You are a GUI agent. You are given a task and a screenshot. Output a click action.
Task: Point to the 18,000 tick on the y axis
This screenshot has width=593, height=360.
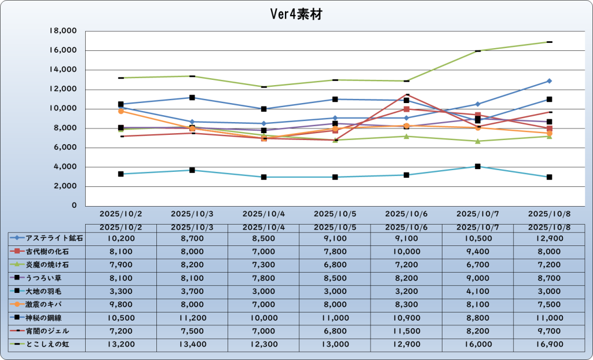click(x=64, y=31)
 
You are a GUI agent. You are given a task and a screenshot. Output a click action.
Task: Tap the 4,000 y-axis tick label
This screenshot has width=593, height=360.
click(x=67, y=167)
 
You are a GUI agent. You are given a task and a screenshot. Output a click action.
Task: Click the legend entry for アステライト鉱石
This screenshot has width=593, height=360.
click(x=47, y=238)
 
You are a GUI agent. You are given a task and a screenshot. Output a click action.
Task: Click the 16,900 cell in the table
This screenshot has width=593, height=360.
click(x=549, y=344)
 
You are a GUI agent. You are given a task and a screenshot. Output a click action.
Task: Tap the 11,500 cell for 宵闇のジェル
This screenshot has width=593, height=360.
click(x=406, y=331)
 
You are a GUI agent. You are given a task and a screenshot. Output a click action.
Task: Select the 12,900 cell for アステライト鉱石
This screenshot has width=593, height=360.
click(x=549, y=238)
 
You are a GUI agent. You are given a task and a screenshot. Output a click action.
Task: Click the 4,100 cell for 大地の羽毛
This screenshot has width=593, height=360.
click(x=477, y=291)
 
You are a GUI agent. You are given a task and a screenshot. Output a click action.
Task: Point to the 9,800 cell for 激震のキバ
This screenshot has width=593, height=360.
click(x=120, y=304)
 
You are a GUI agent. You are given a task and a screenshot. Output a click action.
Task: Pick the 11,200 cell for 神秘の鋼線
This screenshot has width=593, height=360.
click(x=192, y=318)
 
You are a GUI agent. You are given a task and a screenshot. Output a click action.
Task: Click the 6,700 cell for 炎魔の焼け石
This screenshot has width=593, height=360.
click(x=477, y=265)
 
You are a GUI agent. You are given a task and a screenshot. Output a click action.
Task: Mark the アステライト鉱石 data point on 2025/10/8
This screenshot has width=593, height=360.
click(x=549, y=81)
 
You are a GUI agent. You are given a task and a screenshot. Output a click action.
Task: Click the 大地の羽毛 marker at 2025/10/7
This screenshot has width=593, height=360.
click(x=478, y=167)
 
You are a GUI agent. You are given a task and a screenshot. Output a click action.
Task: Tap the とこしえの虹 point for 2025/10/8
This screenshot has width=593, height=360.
click(x=549, y=42)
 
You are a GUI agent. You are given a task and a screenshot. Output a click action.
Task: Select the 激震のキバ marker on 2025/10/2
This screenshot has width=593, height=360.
click(x=120, y=111)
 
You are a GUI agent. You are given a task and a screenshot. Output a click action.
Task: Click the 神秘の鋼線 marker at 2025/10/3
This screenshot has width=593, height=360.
click(x=192, y=98)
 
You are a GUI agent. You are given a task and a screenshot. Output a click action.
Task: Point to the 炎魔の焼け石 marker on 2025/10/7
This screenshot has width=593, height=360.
click(x=478, y=141)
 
